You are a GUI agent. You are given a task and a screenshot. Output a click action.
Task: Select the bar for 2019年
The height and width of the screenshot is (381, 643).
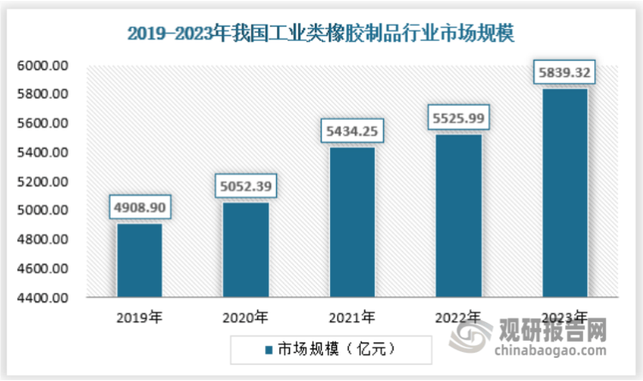139,260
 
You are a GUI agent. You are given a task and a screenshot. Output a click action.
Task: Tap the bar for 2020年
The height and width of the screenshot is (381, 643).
245,250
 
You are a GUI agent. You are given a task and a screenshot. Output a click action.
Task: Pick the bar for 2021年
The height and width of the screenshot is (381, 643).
352,223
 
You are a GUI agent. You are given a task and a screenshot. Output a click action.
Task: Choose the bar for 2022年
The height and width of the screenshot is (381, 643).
458,216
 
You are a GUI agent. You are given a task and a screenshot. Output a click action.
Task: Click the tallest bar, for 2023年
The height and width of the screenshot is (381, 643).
564,193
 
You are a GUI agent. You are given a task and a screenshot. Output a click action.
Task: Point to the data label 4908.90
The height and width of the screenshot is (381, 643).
139,206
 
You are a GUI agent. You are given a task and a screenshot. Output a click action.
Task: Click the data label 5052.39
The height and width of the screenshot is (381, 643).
245,186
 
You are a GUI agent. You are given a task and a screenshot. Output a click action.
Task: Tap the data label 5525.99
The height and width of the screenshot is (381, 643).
458,117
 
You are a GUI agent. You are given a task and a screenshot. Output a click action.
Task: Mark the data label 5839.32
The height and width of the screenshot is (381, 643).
564,73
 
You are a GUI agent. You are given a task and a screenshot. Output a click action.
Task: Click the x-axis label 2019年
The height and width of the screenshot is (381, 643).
139,317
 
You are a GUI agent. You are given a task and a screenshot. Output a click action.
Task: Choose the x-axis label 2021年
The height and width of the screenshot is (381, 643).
352,317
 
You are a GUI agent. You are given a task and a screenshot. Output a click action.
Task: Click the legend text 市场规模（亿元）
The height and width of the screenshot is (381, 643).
334,349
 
